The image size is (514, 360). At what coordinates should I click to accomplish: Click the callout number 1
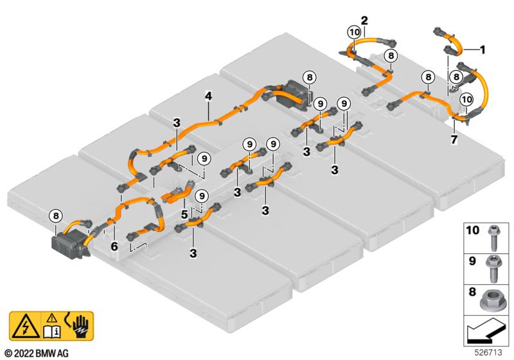pos(483,49)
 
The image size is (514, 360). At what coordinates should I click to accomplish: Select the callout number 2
pos(364,19)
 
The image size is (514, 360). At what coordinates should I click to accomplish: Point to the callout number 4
pos(208,96)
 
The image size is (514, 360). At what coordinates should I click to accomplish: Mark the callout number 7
pos(454,139)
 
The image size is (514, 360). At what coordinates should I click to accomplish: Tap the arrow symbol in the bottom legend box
pos(486,332)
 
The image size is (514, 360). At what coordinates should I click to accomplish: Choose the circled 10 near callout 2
pos(354,32)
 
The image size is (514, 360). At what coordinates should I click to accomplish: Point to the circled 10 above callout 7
pos(466,99)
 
